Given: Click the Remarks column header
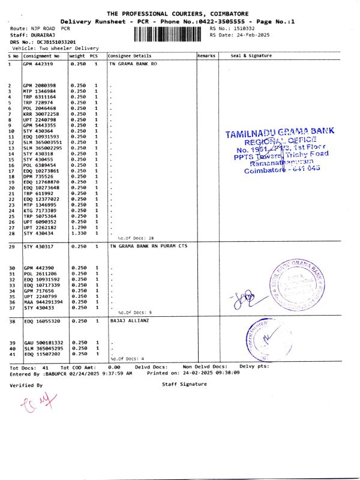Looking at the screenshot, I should pyautogui.click(x=206, y=55).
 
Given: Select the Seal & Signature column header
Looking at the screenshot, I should pyautogui.click(x=251, y=55).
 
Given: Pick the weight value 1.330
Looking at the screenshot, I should pyautogui.click(x=78, y=233).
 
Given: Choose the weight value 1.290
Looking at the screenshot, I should pyautogui.click(x=78, y=227).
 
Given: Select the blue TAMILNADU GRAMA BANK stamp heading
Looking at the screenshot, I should pyautogui.click(x=280, y=133).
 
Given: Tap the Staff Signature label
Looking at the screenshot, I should pyautogui.click(x=184, y=384).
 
